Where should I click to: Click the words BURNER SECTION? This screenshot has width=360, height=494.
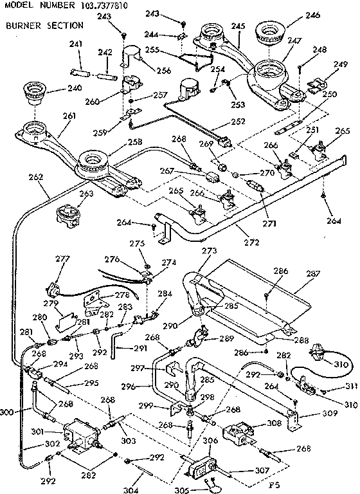click(x=44, y=26)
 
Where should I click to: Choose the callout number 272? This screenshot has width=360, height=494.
click(x=251, y=242)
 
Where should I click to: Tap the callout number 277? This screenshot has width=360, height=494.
click(x=62, y=259)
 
